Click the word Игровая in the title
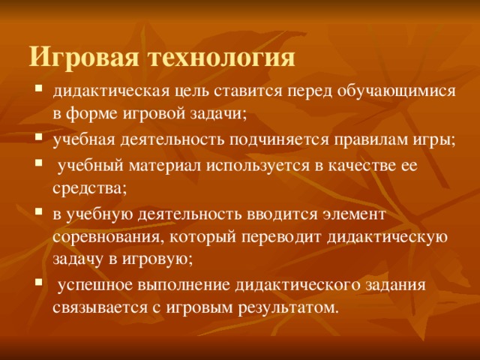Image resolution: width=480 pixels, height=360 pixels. pos(84,58)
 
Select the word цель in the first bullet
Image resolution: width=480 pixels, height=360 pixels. pos(184,92)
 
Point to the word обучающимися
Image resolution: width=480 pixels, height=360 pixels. pos(394,92)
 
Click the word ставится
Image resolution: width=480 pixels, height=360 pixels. pos(241,92)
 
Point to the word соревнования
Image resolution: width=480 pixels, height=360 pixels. pos(106,238)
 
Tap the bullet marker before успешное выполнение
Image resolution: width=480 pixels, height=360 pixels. pos(38,284)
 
